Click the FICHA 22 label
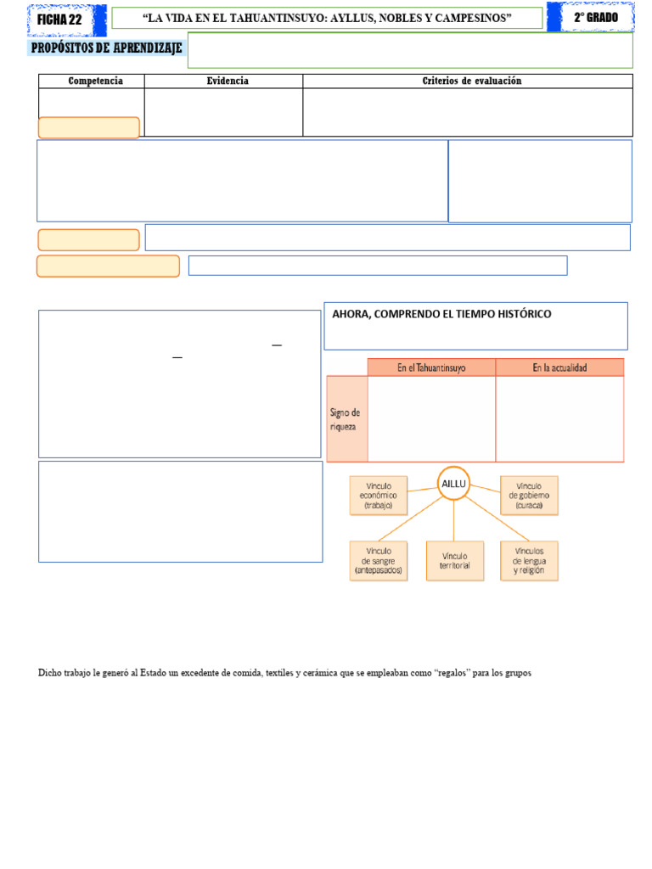pyautogui.click(x=59, y=20)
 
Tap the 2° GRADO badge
pyautogui.click(x=596, y=17)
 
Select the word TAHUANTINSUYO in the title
pyautogui.click(x=276, y=18)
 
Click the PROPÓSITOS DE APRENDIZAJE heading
pyautogui.click(x=106, y=48)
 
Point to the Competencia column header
pyautogui.click(x=95, y=81)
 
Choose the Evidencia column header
pyautogui.click(x=228, y=81)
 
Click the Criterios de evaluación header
pyautogui.click(x=472, y=81)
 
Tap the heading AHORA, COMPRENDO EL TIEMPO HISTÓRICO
pyautogui.click(x=441, y=314)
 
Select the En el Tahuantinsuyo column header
pyautogui.click(x=431, y=367)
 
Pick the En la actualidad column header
pyautogui.click(x=559, y=367)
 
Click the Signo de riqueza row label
pyautogui.click(x=345, y=419)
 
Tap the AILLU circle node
pyautogui.click(x=453, y=483)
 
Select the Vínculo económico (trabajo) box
pyautogui.click(x=379, y=496)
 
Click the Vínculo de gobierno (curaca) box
pyautogui.click(x=529, y=496)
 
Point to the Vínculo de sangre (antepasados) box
pyautogui.click(x=379, y=561)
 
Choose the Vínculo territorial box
pyautogui.click(x=455, y=561)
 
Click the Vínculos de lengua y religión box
pyautogui.click(x=529, y=561)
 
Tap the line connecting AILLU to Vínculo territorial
pyautogui.click(x=453, y=521)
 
